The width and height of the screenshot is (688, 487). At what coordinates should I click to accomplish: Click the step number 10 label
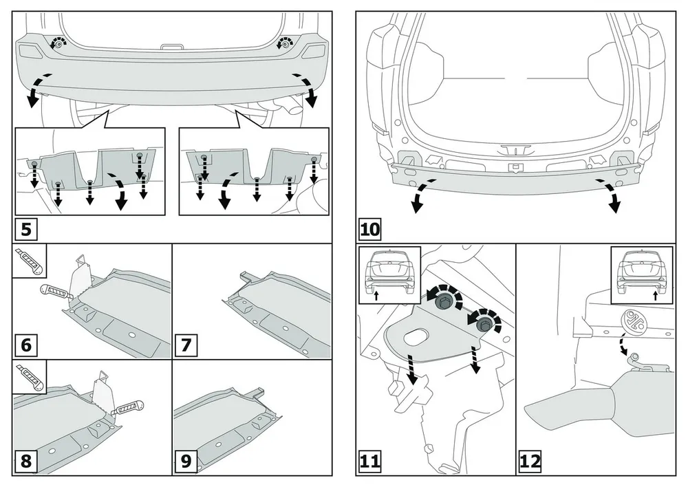pos(370,228)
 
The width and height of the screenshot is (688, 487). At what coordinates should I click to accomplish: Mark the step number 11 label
pos(370,461)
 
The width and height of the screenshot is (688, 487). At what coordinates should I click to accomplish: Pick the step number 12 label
pos(530,461)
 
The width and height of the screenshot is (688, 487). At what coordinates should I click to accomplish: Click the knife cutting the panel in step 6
pos(57,292)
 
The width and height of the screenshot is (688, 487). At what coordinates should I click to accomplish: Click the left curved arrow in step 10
pos(419,196)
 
